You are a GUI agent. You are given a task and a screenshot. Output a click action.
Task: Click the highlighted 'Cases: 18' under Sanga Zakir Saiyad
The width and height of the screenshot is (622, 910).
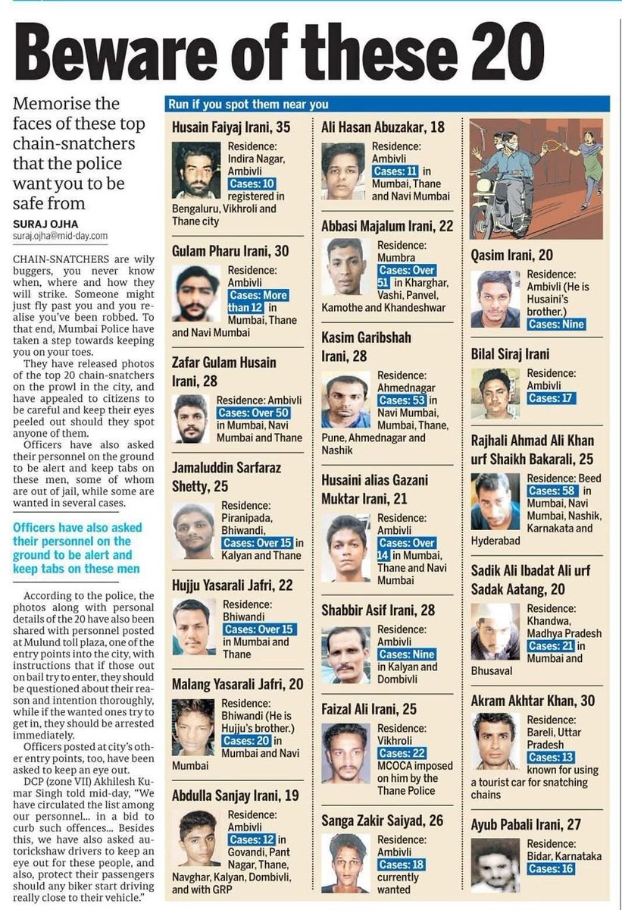point(401,864)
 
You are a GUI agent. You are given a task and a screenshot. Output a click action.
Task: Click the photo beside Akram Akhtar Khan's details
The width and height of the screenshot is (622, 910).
point(495,740)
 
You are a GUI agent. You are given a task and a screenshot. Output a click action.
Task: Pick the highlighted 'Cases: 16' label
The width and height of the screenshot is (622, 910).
point(553,869)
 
